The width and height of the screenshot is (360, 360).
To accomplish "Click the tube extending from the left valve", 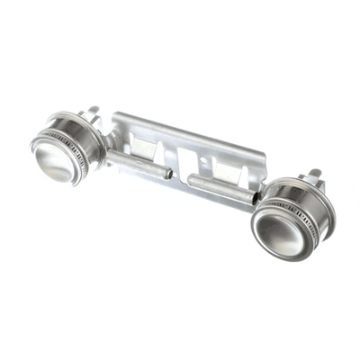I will coord(135,164).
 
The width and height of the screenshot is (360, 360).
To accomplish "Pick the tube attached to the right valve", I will coord(220,186).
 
